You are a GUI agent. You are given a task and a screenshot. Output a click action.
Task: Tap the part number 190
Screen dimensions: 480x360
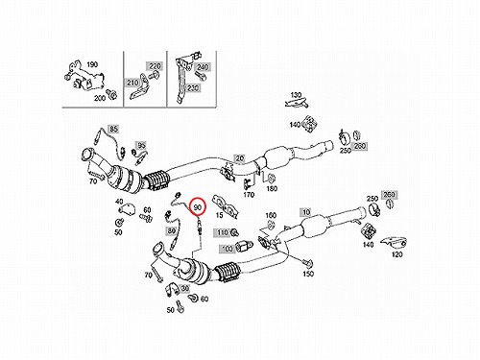point(92,64)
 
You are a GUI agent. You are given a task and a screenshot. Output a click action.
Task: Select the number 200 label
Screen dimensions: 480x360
point(100,98)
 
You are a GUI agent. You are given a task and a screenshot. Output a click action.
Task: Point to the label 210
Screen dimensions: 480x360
point(132,83)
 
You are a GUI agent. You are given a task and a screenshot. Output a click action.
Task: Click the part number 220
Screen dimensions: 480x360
point(155,66)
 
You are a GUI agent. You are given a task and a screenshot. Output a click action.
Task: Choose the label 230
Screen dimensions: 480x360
point(193,87)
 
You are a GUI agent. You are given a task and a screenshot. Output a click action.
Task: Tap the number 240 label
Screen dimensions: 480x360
point(203,67)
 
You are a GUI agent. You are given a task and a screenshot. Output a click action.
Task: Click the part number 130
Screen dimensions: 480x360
point(296,95)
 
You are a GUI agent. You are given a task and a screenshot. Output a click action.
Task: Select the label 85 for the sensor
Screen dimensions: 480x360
point(113,129)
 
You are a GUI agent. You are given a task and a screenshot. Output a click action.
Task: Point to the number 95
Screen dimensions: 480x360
point(141,146)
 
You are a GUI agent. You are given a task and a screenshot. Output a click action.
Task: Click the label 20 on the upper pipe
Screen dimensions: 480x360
point(239,157)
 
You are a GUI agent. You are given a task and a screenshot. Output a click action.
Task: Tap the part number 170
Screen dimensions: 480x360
point(249,194)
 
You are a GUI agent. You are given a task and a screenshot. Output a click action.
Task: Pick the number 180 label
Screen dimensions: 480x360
point(272,189)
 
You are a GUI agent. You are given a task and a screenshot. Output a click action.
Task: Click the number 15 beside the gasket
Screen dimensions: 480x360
point(219,215)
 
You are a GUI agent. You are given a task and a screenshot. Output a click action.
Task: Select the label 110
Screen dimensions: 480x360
point(223,232)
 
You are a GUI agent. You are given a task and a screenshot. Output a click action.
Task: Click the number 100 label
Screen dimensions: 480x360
point(227,248)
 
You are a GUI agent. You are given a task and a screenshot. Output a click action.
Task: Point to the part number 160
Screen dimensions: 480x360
point(271,215)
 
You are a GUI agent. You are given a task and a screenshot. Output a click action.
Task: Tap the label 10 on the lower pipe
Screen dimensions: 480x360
point(306,212)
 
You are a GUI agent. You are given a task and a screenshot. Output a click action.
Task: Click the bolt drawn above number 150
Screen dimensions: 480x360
point(308,263)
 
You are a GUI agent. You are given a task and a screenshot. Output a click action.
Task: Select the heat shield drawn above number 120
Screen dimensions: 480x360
point(395,244)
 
